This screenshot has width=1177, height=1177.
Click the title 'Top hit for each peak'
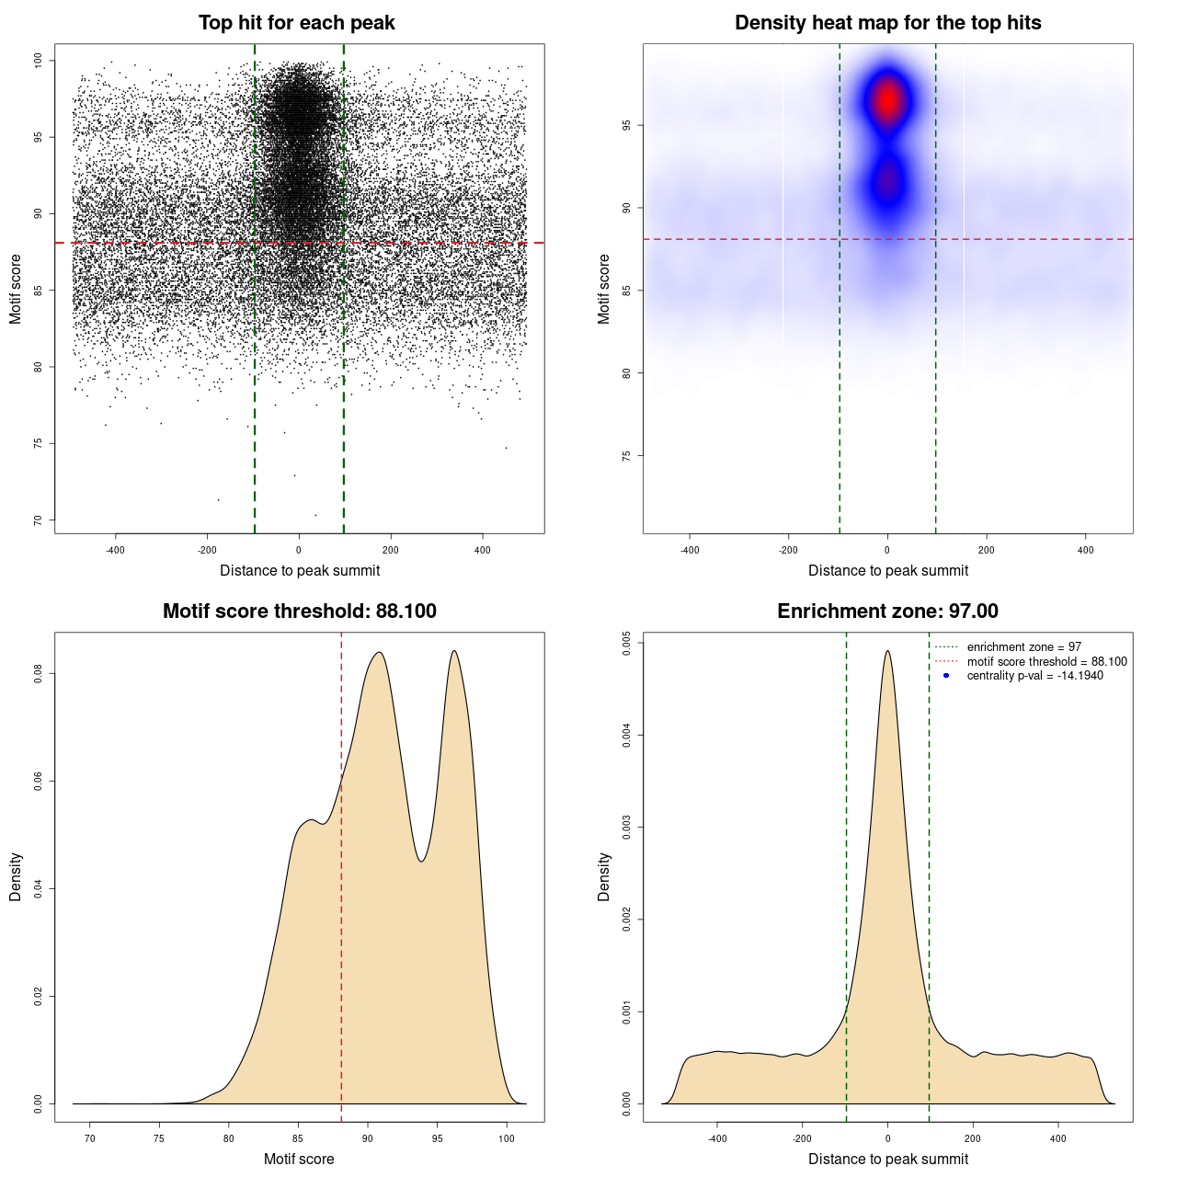coord(296,23)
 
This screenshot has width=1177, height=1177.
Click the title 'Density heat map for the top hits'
coord(887,23)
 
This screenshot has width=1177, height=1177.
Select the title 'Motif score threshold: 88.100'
coord(299,611)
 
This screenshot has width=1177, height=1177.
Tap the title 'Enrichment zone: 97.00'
coord(887,611)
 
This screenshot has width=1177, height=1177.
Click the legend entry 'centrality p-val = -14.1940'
coord(1034,676)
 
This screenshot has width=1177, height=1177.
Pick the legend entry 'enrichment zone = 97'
coord(1023,647)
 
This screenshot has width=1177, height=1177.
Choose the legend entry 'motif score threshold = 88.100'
coord(1046,661)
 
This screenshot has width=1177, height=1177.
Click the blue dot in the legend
coord(946,676)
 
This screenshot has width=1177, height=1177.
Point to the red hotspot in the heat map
coord(887,99)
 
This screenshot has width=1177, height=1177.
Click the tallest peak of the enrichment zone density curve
coord(887,652)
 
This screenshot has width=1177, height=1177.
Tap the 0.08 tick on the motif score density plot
coord(38,674)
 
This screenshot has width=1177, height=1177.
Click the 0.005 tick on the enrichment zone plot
coord(626,643)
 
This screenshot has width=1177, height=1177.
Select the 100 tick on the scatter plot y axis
coord(38,61)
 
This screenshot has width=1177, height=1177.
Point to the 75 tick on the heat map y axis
coord(626,456)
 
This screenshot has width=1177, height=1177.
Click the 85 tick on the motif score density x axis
coord(298,1138)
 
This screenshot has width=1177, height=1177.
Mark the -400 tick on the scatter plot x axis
coord(115,550)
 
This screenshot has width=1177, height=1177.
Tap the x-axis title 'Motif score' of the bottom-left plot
coord(299,1159)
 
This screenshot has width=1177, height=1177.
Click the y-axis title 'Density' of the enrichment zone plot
coord(604,876)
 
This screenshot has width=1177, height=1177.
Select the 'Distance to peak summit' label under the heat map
coord(887,570)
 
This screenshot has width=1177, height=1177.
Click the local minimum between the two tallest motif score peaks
coord(421,861)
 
